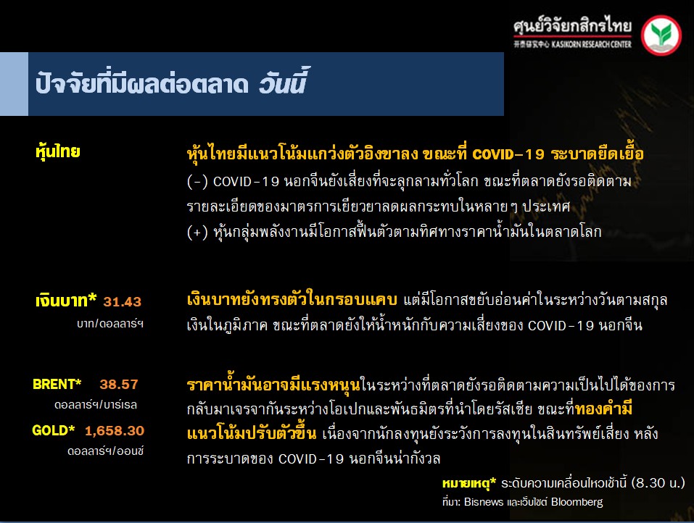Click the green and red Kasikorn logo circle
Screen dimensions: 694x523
661,35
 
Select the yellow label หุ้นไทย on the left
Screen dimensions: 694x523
57,152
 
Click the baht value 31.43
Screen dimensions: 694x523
122,301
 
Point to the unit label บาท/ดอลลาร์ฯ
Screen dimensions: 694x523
110,324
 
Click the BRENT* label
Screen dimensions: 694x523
57,384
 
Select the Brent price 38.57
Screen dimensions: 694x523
119,384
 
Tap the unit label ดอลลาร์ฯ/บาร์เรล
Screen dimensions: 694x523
96,404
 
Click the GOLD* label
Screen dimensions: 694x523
53,430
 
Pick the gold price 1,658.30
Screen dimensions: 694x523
115,430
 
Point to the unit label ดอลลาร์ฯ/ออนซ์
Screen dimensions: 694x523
105,451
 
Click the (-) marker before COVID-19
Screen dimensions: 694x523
197,182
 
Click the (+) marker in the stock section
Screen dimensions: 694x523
197,232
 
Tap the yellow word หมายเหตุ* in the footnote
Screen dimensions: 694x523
469,483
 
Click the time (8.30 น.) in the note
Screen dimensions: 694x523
658,482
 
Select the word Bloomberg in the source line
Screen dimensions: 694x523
577,502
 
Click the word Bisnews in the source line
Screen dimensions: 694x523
484,502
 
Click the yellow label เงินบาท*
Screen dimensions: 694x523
66,301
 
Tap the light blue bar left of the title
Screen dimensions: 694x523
15,84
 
